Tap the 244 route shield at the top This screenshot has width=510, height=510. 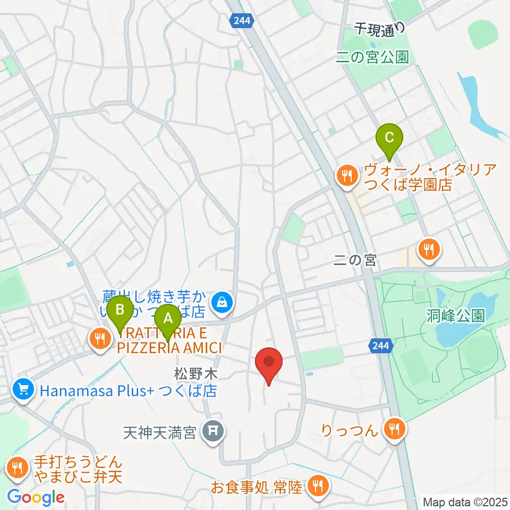(x=244, y=21)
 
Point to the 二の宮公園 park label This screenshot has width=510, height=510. (x=372, y=57)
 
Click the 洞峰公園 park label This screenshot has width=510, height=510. (x=455, y=316)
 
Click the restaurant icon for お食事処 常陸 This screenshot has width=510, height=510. (x=318, y=485)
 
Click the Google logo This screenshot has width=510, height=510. (x=36, y=497)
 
